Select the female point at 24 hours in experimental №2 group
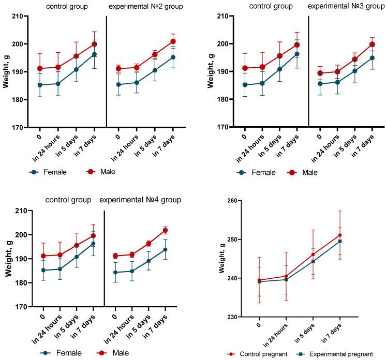[x=136, y=82]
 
